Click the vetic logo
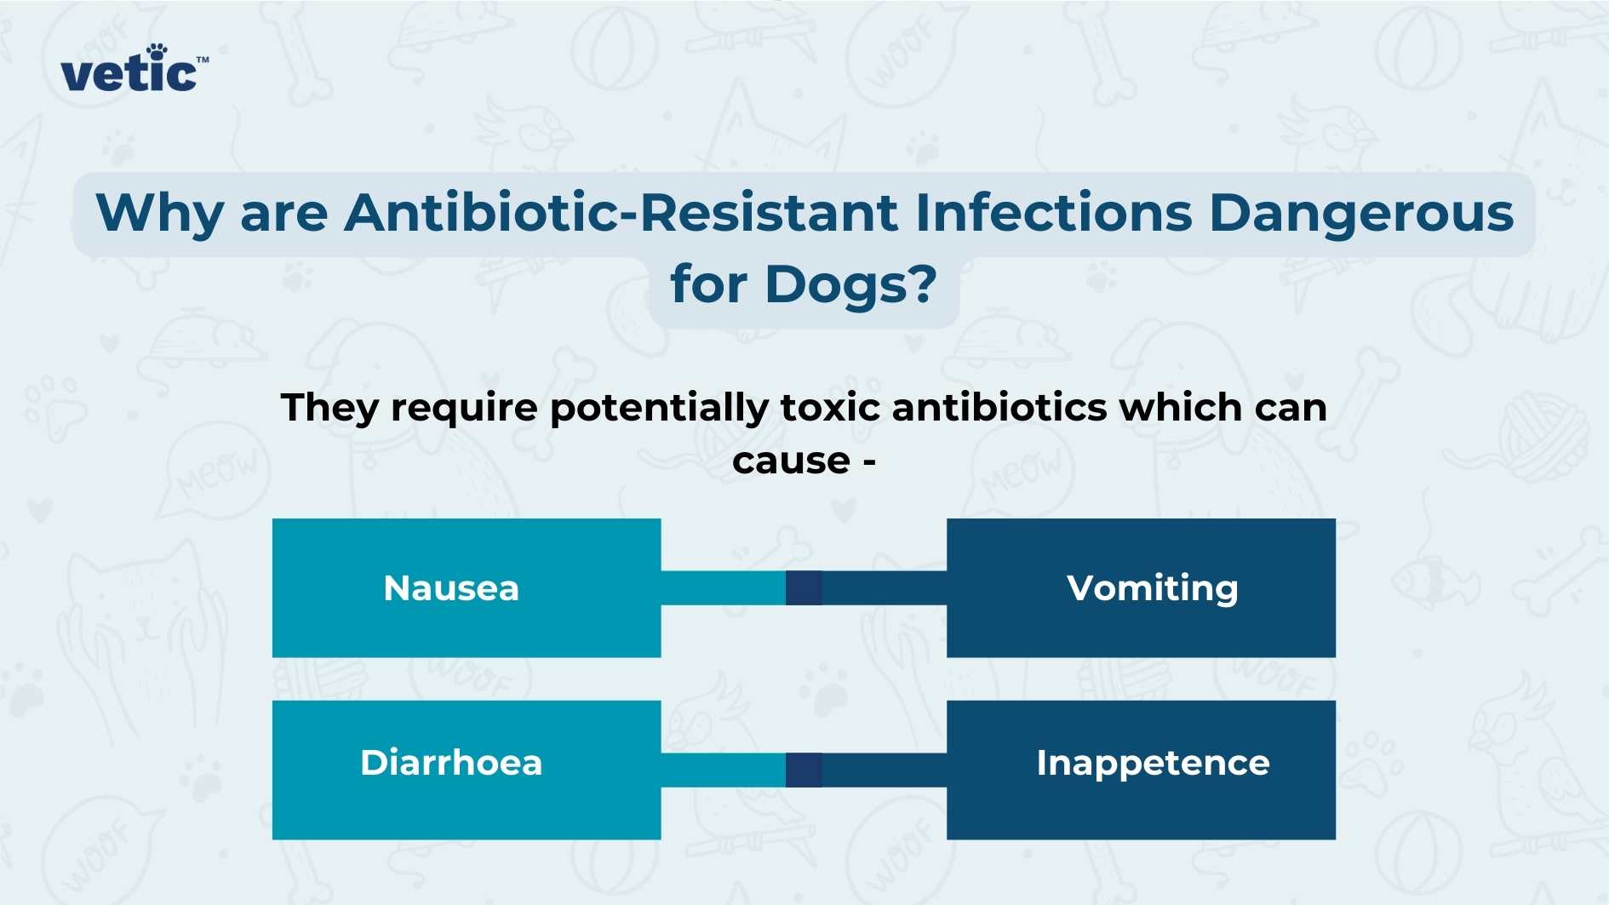(129, 73)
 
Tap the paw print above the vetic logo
(157, 52)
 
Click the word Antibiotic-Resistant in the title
(621, 212)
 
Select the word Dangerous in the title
(1361, 214)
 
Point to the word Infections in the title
(1053, 212)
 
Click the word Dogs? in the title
(850, 284)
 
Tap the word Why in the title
(160, 214)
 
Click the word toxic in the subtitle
(830, 407)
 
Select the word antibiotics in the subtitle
(999, 407)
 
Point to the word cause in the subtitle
(791, 461)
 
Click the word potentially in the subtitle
(659, 409)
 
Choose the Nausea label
(451, 588)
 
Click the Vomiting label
(1152, 588)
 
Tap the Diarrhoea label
(451, 763)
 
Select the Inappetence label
(1153, 764)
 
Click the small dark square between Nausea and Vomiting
(804, 588)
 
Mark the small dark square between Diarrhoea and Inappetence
(804, 770)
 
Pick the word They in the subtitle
(329, 409)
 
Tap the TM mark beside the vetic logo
(203, 60)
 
